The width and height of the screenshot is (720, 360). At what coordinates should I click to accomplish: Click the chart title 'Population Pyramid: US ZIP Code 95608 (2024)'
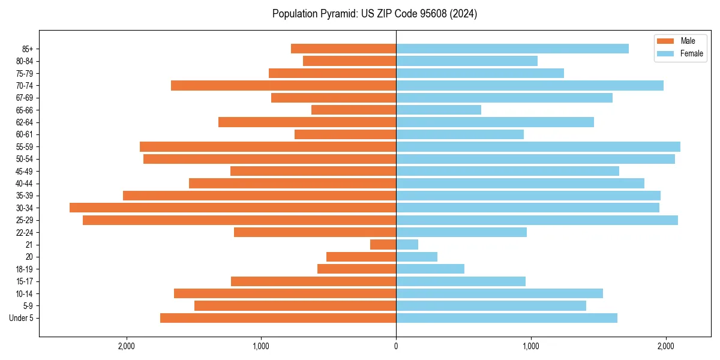click(x=374, y=14)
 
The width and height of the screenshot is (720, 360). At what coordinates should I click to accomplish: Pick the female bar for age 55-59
click(x=538, y=146)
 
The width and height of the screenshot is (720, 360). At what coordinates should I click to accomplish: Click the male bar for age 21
click(x=383, y=244)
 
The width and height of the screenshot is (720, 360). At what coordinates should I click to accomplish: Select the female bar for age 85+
click(x=512, y=49)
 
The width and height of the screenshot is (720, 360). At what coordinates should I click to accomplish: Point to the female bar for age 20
click(x=416, y=257)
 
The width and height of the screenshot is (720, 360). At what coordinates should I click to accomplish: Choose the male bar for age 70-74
click(x=283, y=85)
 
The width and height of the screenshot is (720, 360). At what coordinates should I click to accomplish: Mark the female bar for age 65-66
click(x=439, y=110)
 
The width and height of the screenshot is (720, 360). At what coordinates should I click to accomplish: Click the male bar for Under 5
click(x=278, y=318)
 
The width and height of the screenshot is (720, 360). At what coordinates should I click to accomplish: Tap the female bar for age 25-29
click(x=537, y=220)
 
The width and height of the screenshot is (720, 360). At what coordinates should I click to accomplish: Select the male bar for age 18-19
click(x=356, y=269)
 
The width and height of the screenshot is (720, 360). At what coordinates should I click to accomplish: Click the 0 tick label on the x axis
click(x=396, y=346)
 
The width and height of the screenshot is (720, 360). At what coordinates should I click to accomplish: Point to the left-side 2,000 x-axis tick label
click(x=126, y=346)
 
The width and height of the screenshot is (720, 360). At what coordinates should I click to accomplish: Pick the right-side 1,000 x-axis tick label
click(x=530, y=346)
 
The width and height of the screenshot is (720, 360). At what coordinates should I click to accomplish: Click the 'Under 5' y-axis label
click(x=21, y=318)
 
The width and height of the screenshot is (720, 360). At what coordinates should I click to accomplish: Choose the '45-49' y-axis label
click(x=25, y=171)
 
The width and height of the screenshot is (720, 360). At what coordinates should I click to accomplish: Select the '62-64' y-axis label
click(x=25, y=122)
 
